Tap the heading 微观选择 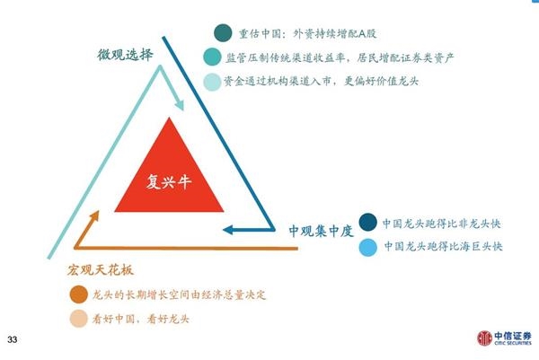(125, 55)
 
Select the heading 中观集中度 (321, 231)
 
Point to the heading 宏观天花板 (101, 270)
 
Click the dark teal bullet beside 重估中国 (223, 33)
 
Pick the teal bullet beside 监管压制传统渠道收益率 (212, 57)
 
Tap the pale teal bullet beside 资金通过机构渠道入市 (212, 82)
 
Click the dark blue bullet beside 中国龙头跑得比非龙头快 (367, 223)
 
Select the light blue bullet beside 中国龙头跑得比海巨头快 (367, 247)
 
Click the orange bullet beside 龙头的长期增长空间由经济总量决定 (79, 294)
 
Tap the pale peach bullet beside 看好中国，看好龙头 (79, 319)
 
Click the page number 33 (12, 339)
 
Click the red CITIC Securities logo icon (484, 338)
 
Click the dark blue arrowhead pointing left (228, 230)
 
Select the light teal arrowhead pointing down (179, 105)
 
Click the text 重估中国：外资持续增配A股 (307, 33)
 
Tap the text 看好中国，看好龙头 (141, 319)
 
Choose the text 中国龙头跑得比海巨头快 (444, 246)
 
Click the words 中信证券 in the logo (513, 336)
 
